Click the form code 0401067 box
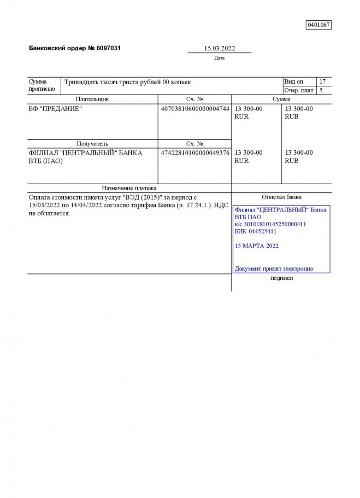tap(318, 25)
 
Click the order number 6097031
tap(105, 48)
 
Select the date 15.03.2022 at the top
tap(219, 48)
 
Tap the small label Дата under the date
tap(219, 58)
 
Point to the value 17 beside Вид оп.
tap(322, 81)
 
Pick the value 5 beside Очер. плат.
tap(321, 90)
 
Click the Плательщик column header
tap(92, 99)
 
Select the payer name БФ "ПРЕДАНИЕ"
tap(55, 108)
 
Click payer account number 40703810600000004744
tap(194, 108)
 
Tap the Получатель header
tap(92, 144)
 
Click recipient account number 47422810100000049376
tap(194, 153)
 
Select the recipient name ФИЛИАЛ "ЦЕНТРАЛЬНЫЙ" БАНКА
tap(85, 153)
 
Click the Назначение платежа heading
tap(129, 188)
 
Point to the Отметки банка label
tap(281, 197)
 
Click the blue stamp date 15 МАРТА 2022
tap(256, 246)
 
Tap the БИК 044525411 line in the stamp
tap(255, 231)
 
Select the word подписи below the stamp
tap(281, 278)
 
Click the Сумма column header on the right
tap(281, 99)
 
